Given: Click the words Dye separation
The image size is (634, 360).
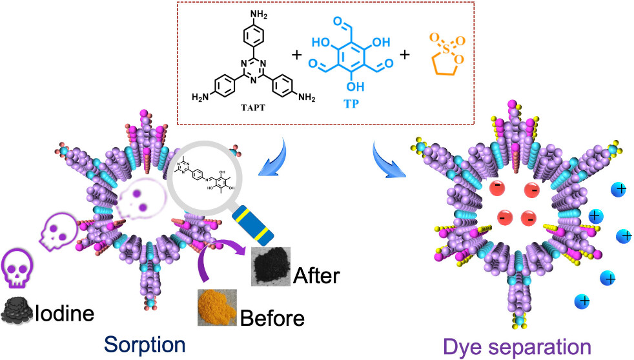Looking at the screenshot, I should pos(516,347).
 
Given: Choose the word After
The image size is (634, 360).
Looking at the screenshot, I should pos(316,275).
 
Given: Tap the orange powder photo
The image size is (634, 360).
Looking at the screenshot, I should pos(217,306).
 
